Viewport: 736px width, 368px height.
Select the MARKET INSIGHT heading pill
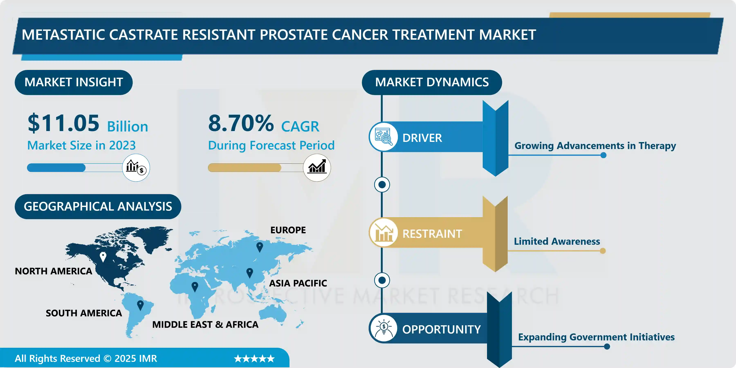pyautogui.click(x=74, y=82)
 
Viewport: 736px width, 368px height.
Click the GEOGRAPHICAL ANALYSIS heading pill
pyautogui.click(x=98, y=206)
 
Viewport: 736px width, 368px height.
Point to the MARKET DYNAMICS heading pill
pyautogui.click(x=432, y=82)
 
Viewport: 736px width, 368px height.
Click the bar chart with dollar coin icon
pyautogui.click(x=136, y=167)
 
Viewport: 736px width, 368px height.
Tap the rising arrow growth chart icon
pyautogui.click(x=317, y=167)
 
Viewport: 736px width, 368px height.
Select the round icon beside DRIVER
pyautogui.click(x=383, y=137)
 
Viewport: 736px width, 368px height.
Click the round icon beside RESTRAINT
pyautogui.click(x=383, y=233)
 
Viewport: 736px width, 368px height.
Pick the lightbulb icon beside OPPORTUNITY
pyautogui.click(x=383, y=328)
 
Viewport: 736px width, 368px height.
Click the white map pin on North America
pyautogui.click(x=103, y=257)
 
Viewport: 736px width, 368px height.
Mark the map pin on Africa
pyautogui.click(x=195, y=286)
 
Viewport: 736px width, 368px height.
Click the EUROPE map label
pyautogui.click(x=288, y=230)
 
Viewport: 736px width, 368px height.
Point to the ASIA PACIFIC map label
pyautogui.click(x=298, y=283)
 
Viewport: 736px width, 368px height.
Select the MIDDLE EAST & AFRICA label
pyautogui.click(x=205, y=325)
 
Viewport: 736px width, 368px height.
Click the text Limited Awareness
pyautogui.click(x=557, y=241)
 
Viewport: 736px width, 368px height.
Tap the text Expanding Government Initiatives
pyautogui.click(x=596, y=337)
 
